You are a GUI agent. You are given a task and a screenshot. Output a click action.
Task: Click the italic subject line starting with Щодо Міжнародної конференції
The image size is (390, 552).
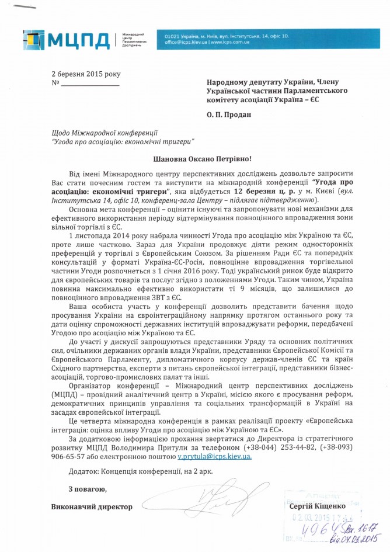click(x=105, y=133)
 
